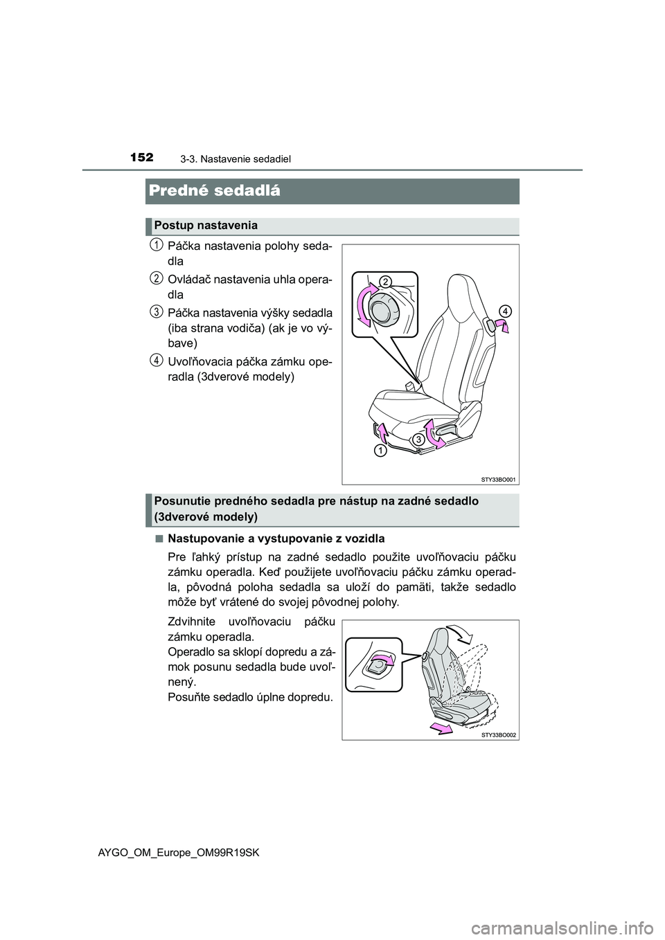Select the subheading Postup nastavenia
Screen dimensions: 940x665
click(x=206, y=226)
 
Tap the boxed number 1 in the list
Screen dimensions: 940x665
click(x=157, y=245)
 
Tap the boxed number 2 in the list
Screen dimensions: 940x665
click(x=157, y=278)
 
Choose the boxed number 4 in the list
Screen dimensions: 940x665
click(x=157, y=359)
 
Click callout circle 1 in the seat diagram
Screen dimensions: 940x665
click(x=381, y=451)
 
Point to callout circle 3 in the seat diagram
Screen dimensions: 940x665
click(x=419, y=439)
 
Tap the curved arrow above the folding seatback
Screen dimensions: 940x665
click(x=458, y=631)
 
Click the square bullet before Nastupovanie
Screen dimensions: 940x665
click(x=159, y=538)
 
